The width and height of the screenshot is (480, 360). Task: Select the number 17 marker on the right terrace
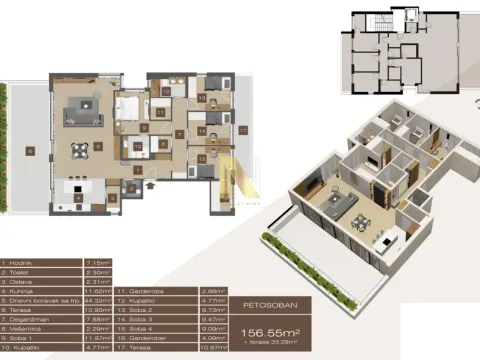(242, 129)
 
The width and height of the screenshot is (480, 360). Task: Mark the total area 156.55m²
(267, 332)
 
